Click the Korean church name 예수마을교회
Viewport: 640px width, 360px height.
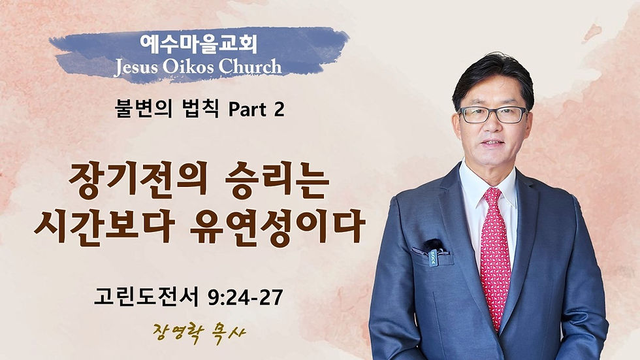199,44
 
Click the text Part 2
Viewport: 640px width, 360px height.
257,110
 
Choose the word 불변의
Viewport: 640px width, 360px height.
144,110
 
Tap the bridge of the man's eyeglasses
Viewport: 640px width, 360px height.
494,113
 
